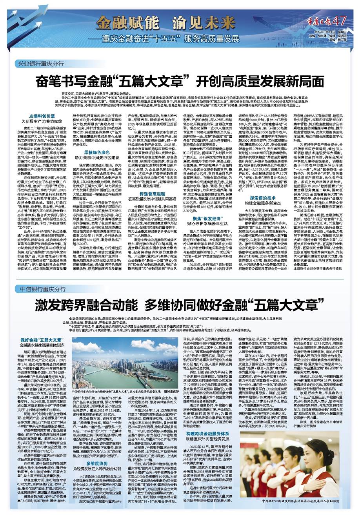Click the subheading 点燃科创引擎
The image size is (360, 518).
pos(42,117)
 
